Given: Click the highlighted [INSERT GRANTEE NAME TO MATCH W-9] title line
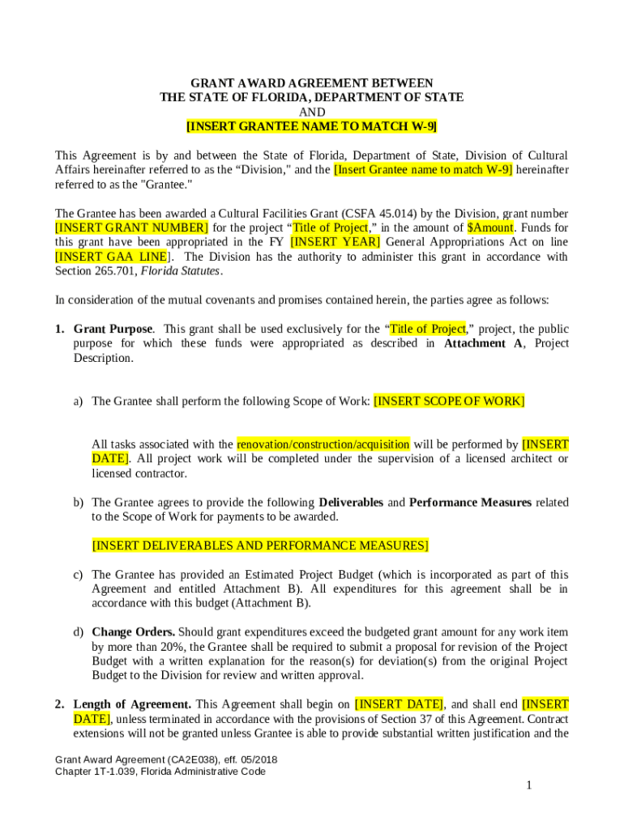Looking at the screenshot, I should (311, 126).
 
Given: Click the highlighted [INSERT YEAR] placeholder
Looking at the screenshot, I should (336, 242).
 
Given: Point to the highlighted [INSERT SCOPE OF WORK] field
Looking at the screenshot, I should (449, 401).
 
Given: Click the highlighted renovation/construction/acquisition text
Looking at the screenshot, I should (323, 444).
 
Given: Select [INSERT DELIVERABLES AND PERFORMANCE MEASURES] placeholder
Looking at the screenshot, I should (260, 546).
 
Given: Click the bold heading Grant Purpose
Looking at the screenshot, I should (113, 329).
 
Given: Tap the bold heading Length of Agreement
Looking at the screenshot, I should (132, 704).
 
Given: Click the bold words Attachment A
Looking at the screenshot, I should (478, 343).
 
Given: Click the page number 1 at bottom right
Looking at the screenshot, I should (528, 785).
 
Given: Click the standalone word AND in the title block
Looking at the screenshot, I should (311, 112).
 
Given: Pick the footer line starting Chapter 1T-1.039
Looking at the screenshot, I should (160, 772).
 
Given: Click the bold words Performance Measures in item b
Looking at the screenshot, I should (470, 502).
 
